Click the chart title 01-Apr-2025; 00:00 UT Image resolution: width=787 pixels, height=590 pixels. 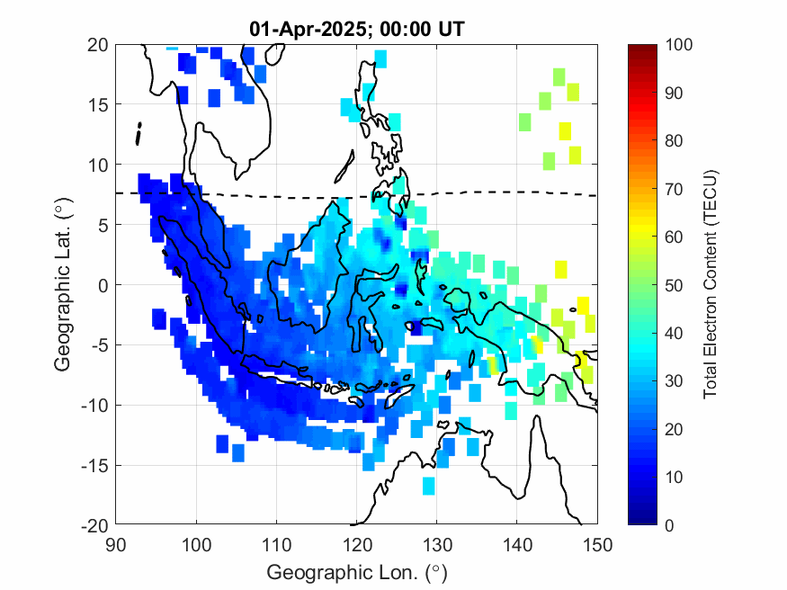[356, 30]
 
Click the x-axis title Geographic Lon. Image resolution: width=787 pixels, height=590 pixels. [356, 573]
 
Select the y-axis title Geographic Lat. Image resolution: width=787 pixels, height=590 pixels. [63, 285]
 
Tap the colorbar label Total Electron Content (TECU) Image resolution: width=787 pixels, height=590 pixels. [710, 285]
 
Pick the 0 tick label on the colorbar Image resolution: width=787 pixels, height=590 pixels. [671, 525]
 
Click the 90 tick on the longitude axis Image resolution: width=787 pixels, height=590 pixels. [115, 542]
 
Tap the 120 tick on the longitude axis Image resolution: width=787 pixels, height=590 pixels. [357, 542]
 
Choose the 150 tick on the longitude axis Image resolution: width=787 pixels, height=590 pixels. [598, 542]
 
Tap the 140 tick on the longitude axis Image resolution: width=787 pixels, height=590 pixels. [518, 542]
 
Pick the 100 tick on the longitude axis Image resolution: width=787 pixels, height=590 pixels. [196, 542]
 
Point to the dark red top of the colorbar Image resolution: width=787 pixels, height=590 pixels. [640, 49]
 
